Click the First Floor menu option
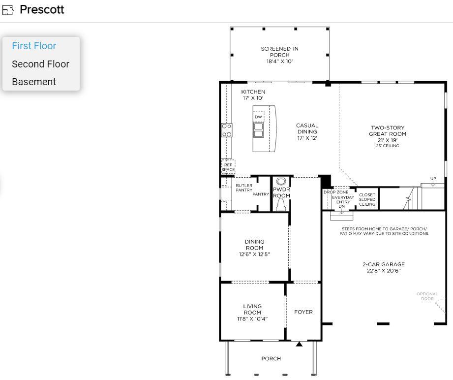pos(34,46)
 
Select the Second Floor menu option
pos(40,64)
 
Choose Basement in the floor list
pos(34,82)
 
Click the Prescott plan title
pos(42,10)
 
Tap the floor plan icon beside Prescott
pos(8,10)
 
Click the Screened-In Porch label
pos(279,55)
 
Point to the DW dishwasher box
pos(258,117)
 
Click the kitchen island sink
pos(258,130)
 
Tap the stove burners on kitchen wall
pos(227,130)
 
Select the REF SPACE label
pos(228,167)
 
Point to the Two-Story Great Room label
pos(388,134)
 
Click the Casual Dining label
pos(307,131)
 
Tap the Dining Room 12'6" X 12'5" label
pos(254,248)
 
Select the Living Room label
pos(252,313)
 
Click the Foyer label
pos(303,312)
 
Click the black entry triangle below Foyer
pos(299,344)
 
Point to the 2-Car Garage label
pos(384,267)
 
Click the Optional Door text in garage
pos(427,296)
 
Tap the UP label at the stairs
pos(433,179)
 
